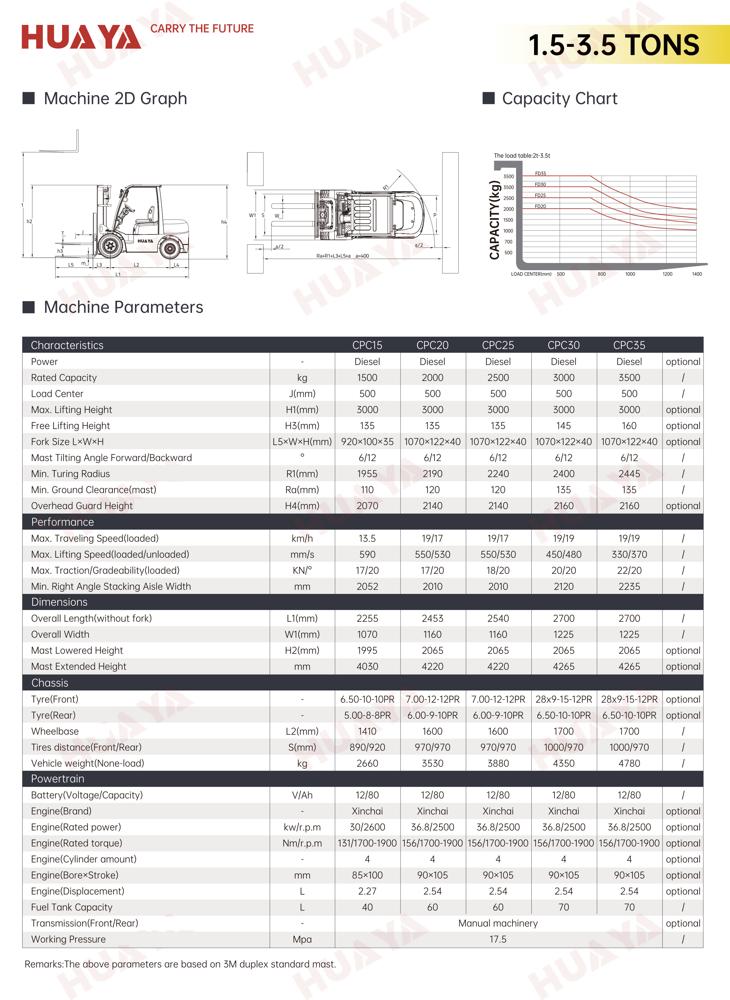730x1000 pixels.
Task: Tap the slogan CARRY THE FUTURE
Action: pyautogui.click(x=202, y=29)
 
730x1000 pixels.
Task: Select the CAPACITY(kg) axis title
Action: pyautogui.click(x=494, y=220)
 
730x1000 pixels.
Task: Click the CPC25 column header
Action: pyautogui.click(x=498, y=345)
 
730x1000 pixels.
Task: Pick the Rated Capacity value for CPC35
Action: pyautogui.click(x=629, y=378)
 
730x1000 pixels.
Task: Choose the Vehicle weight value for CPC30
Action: pyautogui.click(x=563, y=763)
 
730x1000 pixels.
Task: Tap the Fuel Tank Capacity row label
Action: pyautogui.click(x=72, y=907)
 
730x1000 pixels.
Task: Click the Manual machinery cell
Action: pyautogui.click(x=498, y=923)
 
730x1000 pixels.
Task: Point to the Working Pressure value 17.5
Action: pyautogui.click(x=498, y=939)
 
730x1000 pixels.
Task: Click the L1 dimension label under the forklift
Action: pyautogui.click(x=118, y=274)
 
